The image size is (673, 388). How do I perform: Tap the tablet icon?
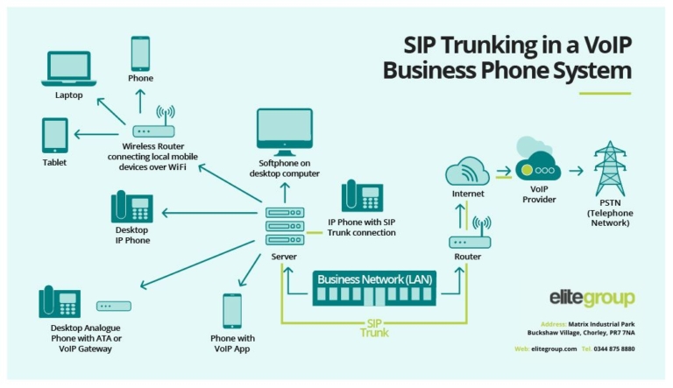point(54,136)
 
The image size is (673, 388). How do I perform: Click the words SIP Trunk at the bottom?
point(373,328)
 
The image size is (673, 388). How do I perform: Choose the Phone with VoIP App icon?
point(232,310)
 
